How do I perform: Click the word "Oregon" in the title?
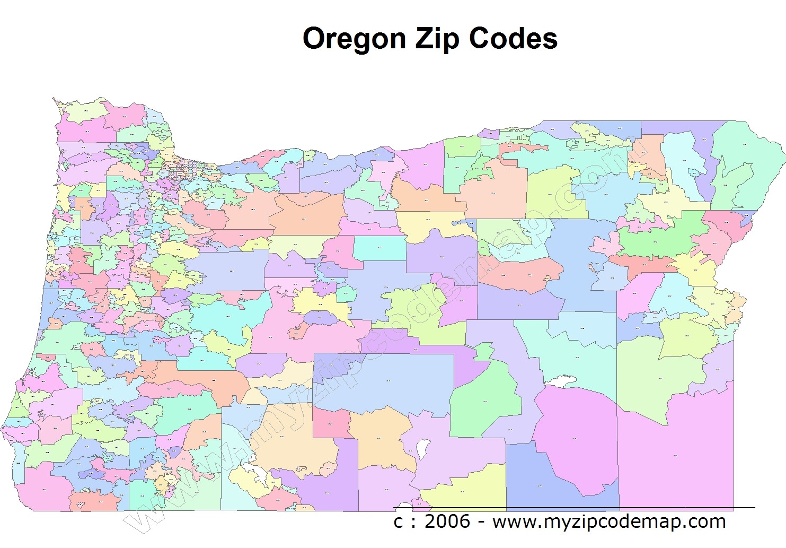354,39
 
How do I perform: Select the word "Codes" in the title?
513,39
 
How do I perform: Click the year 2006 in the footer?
447,521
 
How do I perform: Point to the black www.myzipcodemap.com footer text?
609,521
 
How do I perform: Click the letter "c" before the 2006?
399,522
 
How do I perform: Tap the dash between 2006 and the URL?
481,523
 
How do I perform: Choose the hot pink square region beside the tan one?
330,423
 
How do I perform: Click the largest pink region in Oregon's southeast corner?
676,456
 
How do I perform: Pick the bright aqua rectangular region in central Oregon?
379,248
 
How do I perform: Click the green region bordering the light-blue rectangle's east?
485,403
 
